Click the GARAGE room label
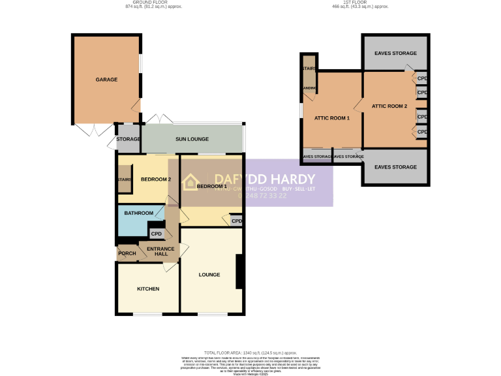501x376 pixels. [106, 80]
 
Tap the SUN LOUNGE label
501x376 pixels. [192, 139]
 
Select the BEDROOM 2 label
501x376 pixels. [156, 180]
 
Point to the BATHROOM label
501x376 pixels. [139, 213]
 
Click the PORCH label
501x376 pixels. [127, 253]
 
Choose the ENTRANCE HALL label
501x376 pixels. [160, 252]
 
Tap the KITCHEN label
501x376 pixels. [148, 289]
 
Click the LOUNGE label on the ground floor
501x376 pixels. [209, 274]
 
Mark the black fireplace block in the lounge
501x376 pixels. [240, 272]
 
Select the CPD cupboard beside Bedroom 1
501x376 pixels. [237, 221]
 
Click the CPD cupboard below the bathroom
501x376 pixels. [157, 233]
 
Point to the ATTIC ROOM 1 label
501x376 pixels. [332, 118]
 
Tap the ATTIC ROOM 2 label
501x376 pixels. [389, 106]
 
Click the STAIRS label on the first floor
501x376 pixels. [308, 68]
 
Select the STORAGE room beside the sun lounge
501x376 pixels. [129, 140]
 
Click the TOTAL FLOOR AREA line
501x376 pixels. [250, 351]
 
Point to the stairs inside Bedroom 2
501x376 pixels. [125, 180]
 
